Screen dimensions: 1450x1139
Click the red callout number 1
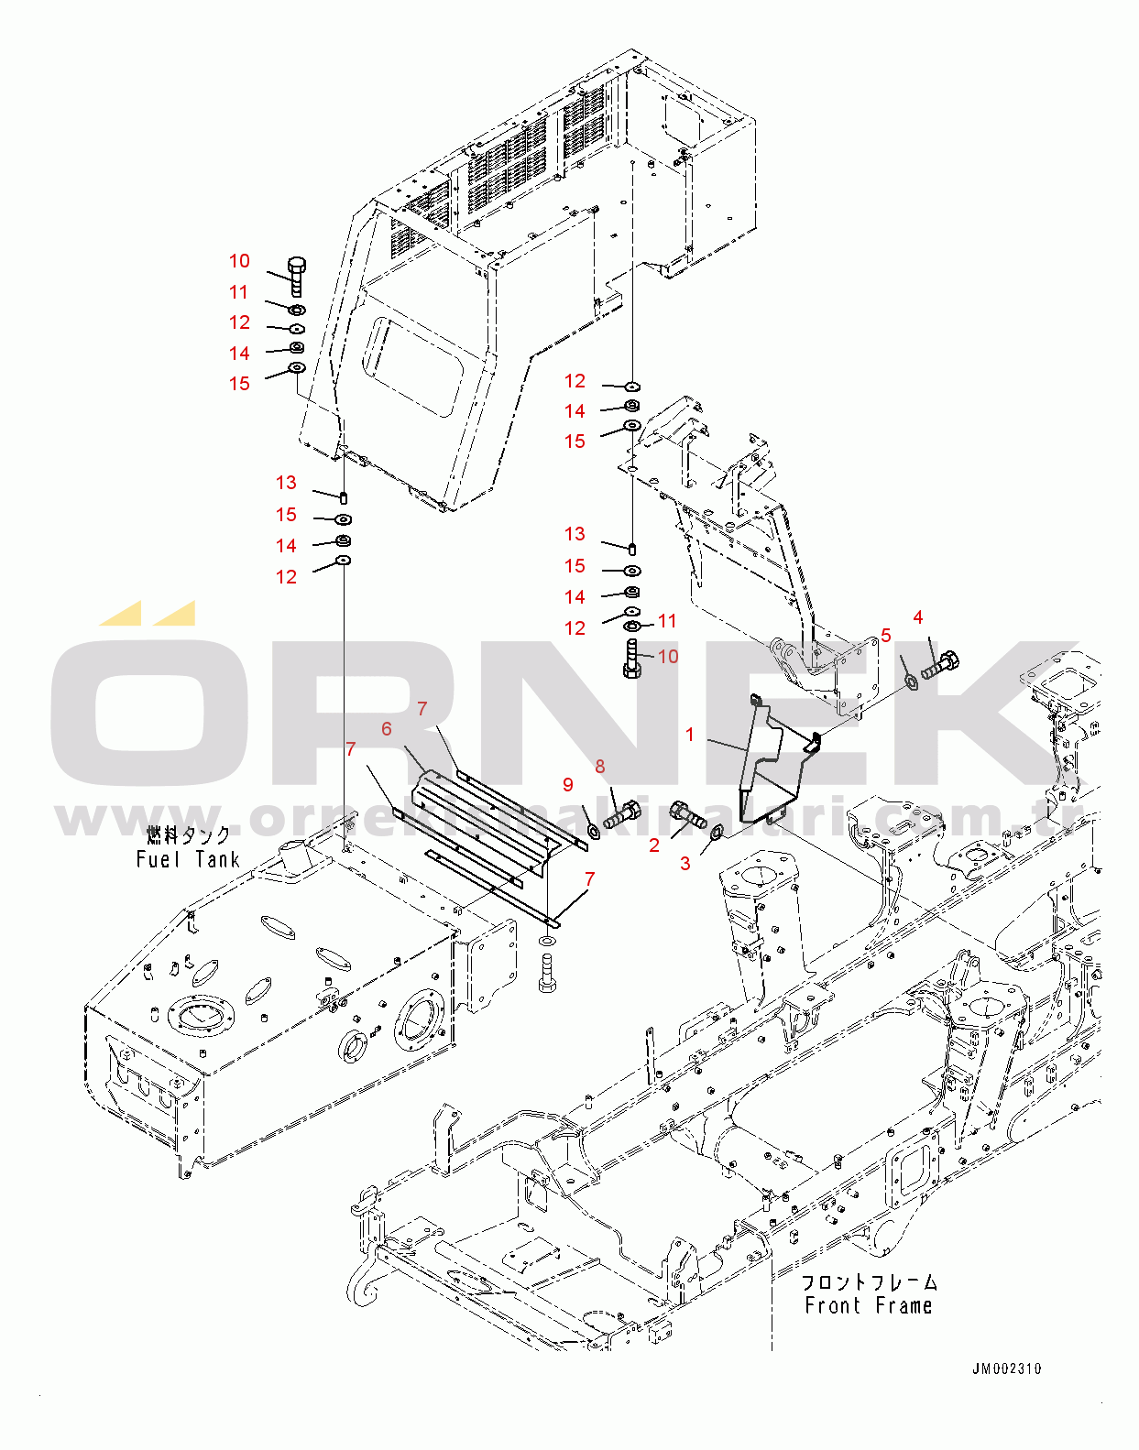coord(690,735)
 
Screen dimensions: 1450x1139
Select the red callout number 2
coord(654,845)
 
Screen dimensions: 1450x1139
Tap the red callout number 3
coord(685,863)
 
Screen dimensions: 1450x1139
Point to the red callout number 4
coord(918,617)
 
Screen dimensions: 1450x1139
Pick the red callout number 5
coord(886,635)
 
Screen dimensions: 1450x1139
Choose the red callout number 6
coord(387,728)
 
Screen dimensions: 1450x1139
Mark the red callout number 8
coord(600,766)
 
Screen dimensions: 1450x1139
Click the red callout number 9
coord(568,784)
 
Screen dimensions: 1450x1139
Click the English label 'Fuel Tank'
coord(188,859)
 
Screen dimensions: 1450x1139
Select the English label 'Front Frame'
coord(868,1305)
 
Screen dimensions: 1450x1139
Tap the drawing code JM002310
coord(1006,1369)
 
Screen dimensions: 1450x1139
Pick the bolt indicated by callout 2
coord(687,814)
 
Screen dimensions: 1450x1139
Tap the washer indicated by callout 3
coord(716,832)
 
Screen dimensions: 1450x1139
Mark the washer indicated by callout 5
coord(911,681)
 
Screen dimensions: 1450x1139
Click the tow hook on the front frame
coord(361,1282)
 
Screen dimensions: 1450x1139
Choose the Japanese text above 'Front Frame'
coord(868,1281)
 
